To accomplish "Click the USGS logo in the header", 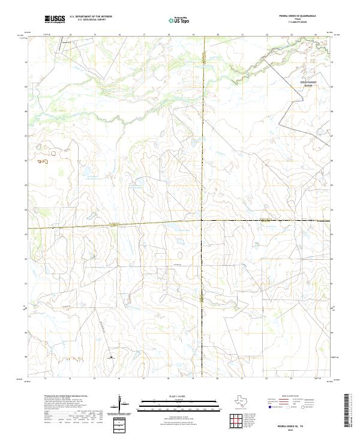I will coord(55,20).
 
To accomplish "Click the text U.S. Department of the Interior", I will coord(91,17).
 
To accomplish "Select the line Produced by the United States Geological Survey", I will coord(66,396).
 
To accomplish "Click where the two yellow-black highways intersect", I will coord(202,220).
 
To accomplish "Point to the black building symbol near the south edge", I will coord(111,358).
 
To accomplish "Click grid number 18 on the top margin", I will coord(169,35).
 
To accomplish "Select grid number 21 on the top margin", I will coord(242,35).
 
